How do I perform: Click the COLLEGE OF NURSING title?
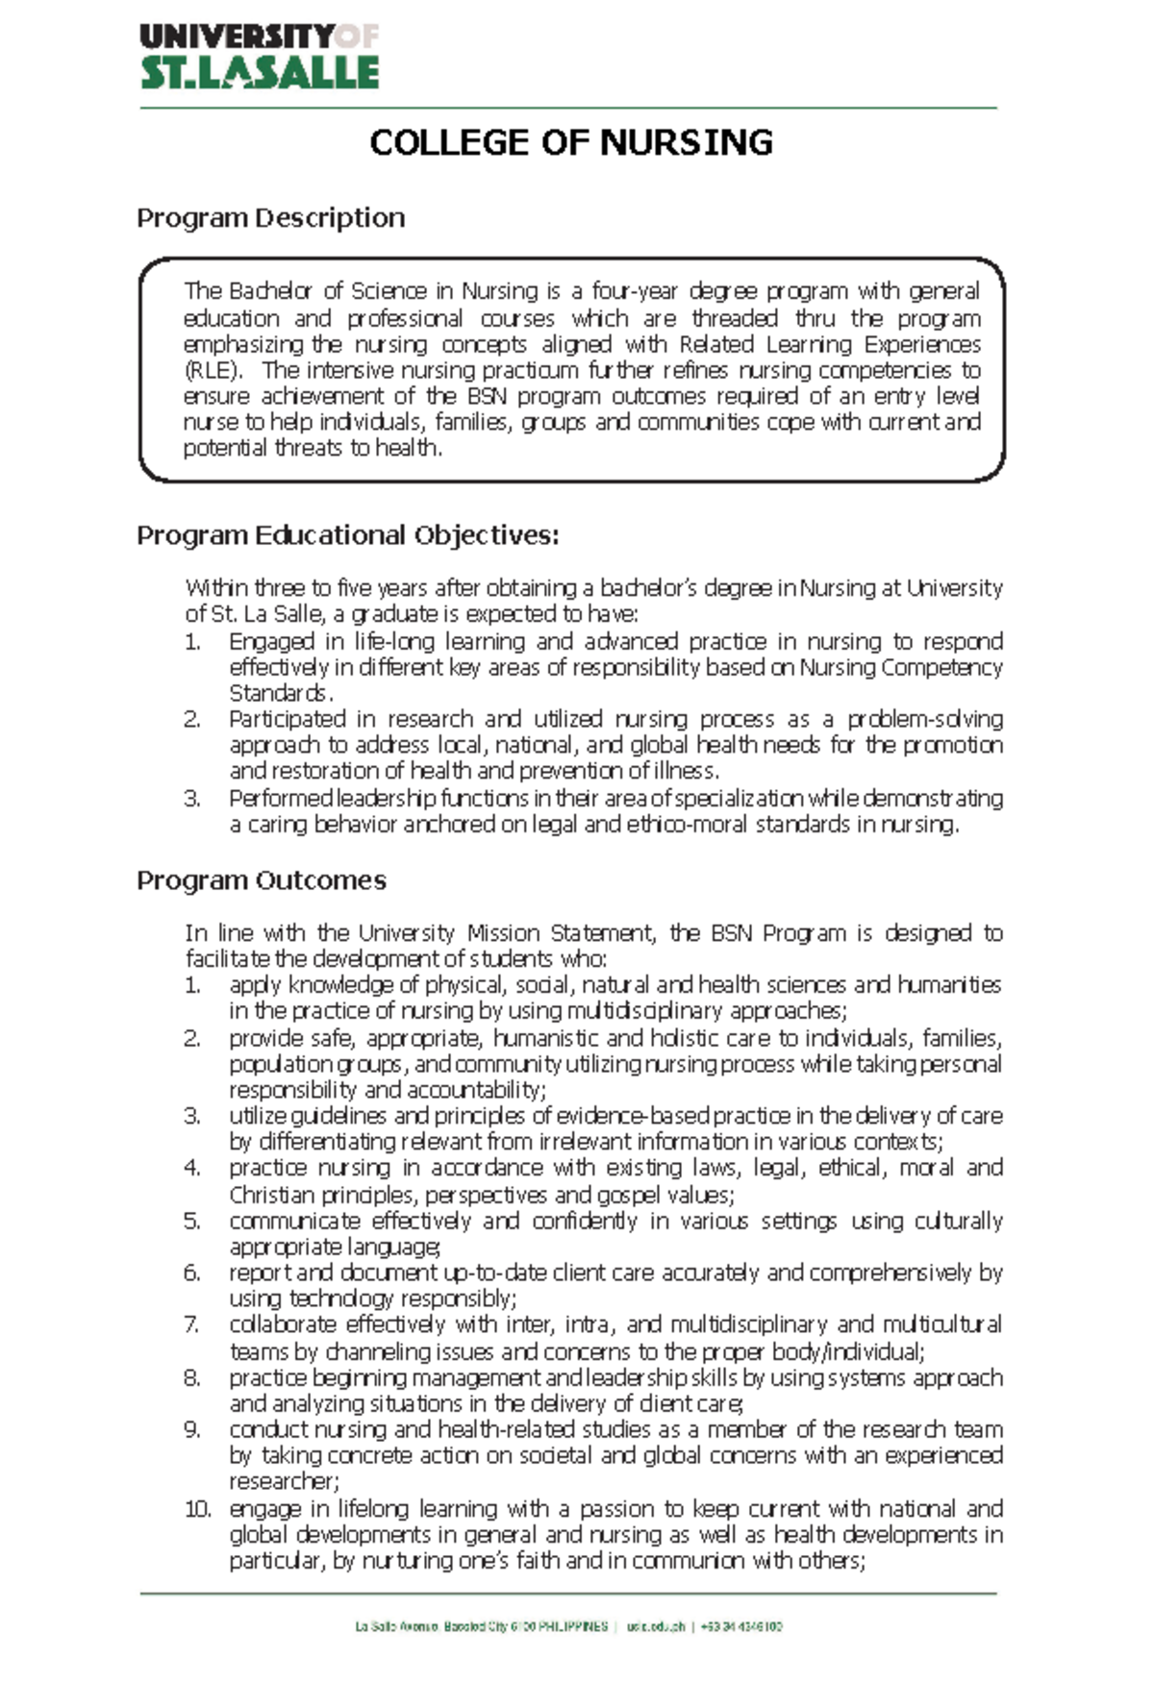click(x=571, y=143)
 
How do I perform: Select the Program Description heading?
click(x=270, y=218)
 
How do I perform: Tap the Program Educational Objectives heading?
click(x=347, y=535)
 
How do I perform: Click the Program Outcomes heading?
click(x=262, y=880)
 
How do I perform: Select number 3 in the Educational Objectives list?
click(x=192, y=799)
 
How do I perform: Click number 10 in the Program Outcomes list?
click(x=197, y=1509)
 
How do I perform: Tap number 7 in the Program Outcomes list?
click(x=192, y=1325)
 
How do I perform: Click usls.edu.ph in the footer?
click(x=656, y=1627)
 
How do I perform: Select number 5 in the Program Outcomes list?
click(x=192, y=1222)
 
